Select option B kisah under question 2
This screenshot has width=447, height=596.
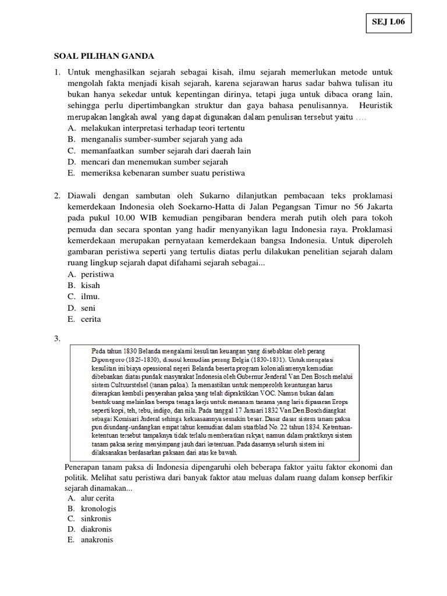click(x=90, y=285)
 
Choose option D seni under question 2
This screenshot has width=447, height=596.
click(x=88, y=308)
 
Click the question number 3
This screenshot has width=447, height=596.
click(x=57, y=339)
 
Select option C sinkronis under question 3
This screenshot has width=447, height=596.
click(x=96, y=519)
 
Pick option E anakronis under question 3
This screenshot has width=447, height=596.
click(x=97, y=540)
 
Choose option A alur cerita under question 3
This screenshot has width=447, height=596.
click(x=98, y=498)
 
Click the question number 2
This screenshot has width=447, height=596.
click(x=57, y=196)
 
